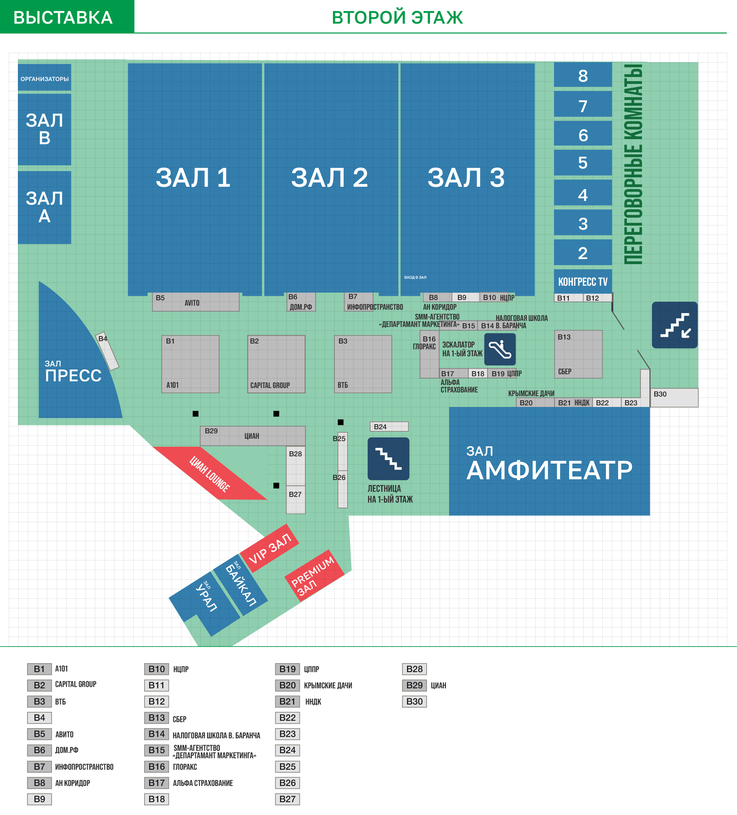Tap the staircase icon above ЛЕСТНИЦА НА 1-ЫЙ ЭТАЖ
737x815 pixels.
point(388,459)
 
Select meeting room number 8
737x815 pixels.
point(583,75)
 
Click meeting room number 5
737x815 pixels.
point(583,162)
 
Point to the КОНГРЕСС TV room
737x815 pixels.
point(583,281)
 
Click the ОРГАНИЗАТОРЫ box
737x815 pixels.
point(45,78)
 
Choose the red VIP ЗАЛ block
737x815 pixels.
point(269,548)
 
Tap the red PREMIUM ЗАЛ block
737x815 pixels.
point(314,576)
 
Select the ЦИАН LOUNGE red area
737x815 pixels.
point(210,474)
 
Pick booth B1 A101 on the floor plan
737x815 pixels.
point(190,364)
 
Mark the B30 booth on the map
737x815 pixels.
point(674,398)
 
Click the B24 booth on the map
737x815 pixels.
point(389,427)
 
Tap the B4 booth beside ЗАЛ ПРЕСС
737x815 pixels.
point(107,351)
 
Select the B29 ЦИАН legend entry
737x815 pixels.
point(424,685)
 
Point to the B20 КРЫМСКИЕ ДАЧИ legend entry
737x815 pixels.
point(314,685)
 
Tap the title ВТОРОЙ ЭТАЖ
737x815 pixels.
point(398,17)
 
